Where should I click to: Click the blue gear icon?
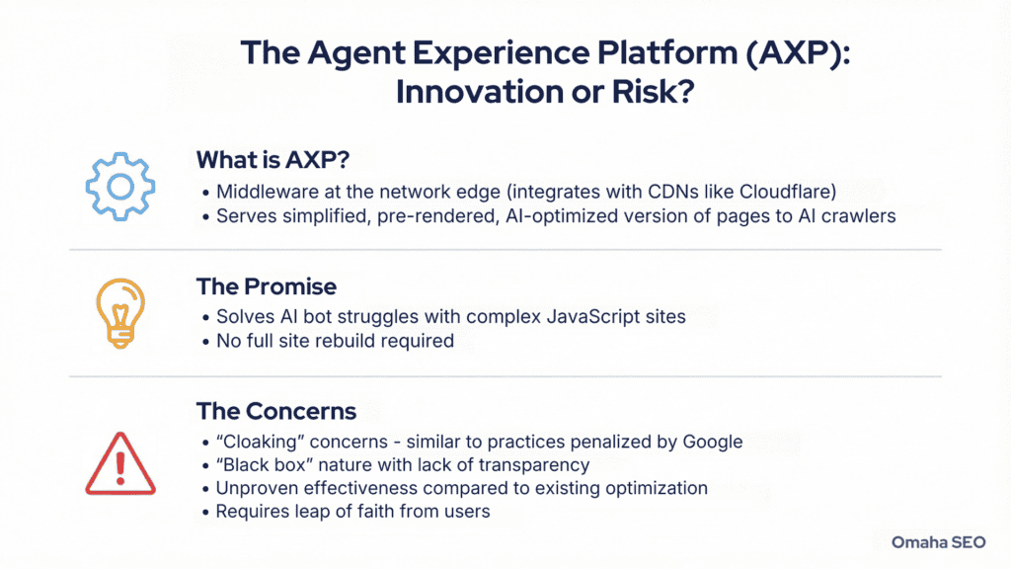(x=121, y=185)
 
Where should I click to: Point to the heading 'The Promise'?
(x=267, y=286)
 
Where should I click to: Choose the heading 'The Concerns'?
(x=276, y=410)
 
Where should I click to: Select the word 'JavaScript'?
(x=560, y=318)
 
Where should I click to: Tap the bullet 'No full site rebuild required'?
(x=335, y=342)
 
